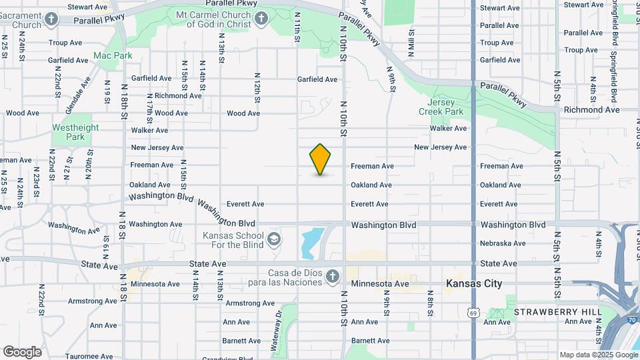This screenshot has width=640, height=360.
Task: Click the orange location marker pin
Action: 321,159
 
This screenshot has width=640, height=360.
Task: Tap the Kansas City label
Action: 474,284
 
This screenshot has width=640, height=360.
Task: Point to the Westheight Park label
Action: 75,132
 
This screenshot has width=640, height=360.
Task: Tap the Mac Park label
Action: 113,56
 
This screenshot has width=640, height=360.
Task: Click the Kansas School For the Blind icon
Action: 273,239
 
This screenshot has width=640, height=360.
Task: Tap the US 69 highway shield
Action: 473,311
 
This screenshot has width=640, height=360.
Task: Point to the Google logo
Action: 22,352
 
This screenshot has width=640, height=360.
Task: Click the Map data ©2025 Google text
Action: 598,355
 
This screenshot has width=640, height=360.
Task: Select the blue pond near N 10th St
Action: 311,243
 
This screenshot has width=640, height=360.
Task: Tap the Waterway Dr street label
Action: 276,328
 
